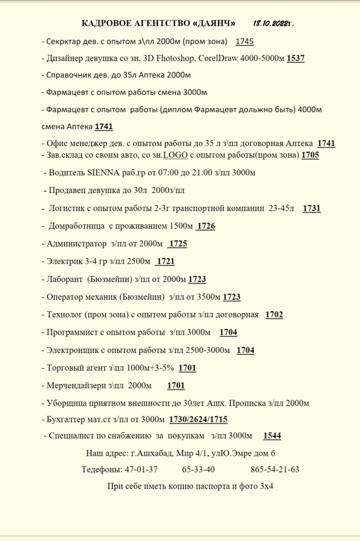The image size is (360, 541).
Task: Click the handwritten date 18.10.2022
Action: pyautogui.click(x=273, y=23)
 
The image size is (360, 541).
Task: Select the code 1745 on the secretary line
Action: pyautogui.click(x=244, y=42)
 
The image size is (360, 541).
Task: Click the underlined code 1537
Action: pyautogui.click(x=296, y=58)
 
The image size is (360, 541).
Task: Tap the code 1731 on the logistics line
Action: pyautogui.click(x=312, y=208)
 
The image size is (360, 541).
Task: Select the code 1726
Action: pyautogui.click(x=206, y=226)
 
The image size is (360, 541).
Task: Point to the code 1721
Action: pyautogui.click(x=166, y=261)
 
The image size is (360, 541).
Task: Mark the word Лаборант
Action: pyautogui.click(x=64, y=279)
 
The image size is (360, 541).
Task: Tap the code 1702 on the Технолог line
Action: pyautogui.click(x=274, y=314)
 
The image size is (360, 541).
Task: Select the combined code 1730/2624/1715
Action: pyautogui.click(x=198, y=419)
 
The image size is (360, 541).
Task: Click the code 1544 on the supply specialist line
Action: pyautogui.click(x=272, y=436)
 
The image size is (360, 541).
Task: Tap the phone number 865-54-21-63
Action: pyautogui.click(x=275, y=470)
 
